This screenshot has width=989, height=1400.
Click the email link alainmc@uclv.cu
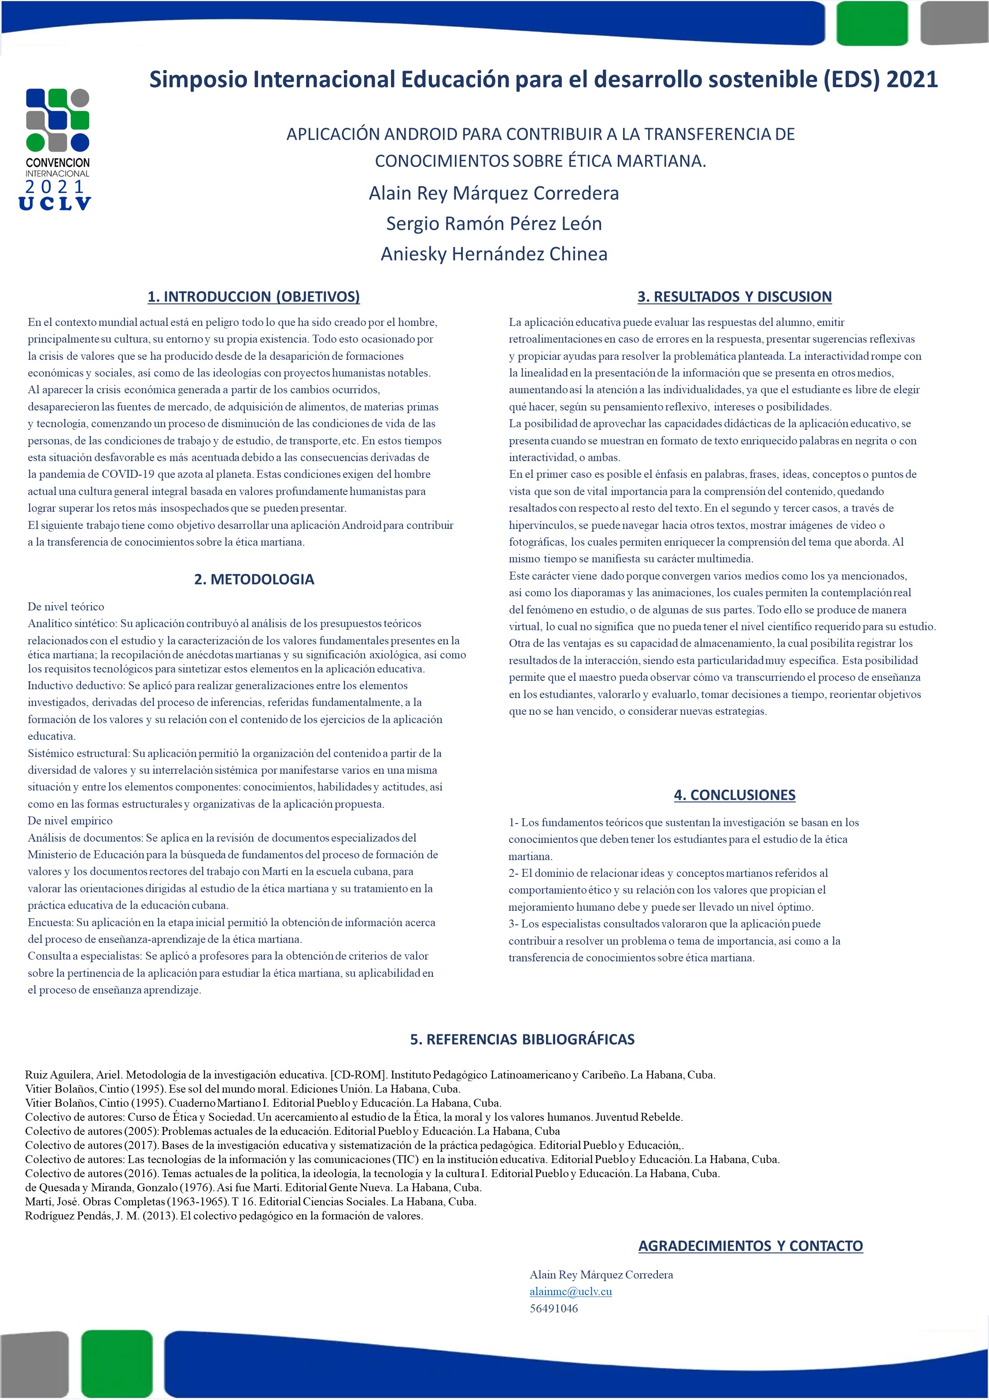570,1291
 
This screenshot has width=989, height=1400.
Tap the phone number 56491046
554,1308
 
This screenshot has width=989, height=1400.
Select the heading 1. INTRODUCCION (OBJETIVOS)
254,296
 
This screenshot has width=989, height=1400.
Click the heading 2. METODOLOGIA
254,579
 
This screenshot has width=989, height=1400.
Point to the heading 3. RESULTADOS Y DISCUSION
734,296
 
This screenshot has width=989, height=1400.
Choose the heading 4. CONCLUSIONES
734,794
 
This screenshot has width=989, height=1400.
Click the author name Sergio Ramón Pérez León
494,224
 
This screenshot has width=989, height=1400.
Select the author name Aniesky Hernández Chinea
494,254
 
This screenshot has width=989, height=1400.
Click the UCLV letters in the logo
55,203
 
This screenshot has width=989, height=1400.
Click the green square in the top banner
872,23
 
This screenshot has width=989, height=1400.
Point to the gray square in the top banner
955,23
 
